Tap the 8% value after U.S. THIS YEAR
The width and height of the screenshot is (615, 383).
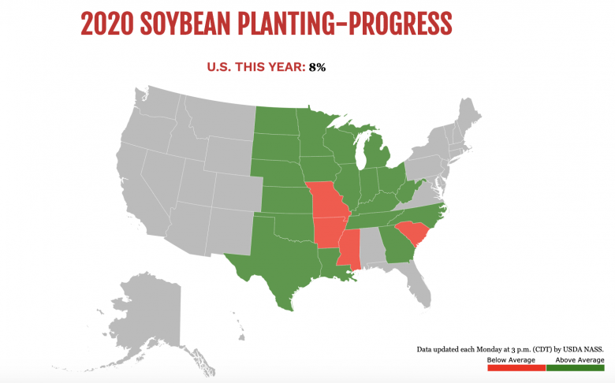[x=317, y=67]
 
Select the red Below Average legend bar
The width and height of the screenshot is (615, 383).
[x=516, y=369]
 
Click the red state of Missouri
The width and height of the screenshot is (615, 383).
[x=326, y=200]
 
